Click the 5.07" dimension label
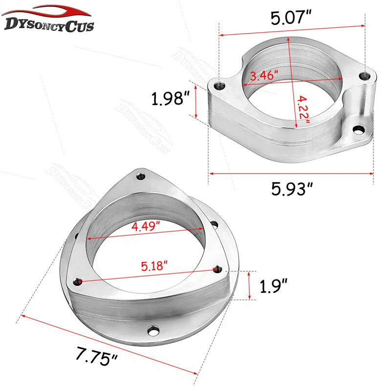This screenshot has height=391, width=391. pos(292,20)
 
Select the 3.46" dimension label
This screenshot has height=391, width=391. pos(264,76)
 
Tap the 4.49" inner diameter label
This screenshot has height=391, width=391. pos(147,227)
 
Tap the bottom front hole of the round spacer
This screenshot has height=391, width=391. pos(154,332)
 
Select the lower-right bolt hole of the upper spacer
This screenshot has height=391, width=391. pos(359,129)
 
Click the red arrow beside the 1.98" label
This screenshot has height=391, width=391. pos(196,100)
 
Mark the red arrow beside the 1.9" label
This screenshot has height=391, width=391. pos(250,285)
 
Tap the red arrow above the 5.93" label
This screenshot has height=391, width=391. pos(291,173)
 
